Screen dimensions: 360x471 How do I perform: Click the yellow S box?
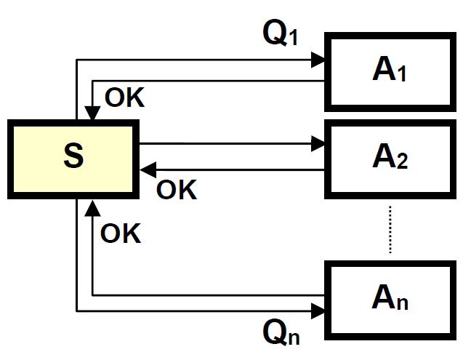[x=73, y=159]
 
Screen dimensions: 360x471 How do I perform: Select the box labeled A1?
[x=390, y=71]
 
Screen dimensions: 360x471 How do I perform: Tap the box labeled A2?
[x=390, y=157]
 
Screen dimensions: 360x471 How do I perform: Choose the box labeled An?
[x=390, y=298]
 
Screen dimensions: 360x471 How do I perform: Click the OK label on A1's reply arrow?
[x=125, y=98]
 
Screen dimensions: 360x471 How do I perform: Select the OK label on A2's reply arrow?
[x=177, y=191]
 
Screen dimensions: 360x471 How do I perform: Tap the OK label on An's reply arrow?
[x=121, y=234]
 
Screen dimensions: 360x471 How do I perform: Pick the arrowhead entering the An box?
[x=318, y=311]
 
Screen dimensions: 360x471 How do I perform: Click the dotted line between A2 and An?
[x=390, y=229]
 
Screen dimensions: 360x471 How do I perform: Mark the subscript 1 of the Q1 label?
[x=294, y=39]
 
